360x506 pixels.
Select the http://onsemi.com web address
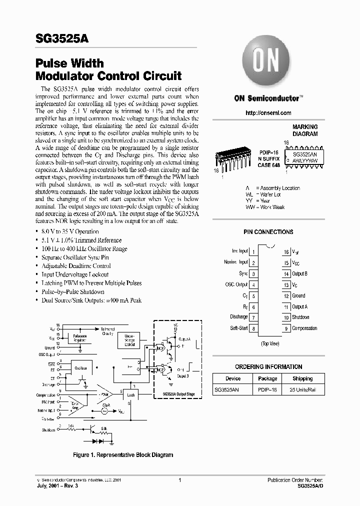(x=268, y=113)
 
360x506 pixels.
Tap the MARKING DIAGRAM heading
(x=304, y=130)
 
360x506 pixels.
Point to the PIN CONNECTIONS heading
(x=268, y=232)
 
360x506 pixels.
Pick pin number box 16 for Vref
(x=286, y=252)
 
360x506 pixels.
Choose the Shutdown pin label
(x=300, y=317)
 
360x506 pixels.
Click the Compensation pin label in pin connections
(x=304, y=328)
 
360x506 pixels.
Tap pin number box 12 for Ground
(x=286, y=296)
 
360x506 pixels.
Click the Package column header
(x=267, y=378)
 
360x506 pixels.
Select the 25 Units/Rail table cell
(x=302, y=390)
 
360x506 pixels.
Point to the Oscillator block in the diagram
(x=80, y=367)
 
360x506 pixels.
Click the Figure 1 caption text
(x=123, y=455)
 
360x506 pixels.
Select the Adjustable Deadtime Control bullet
(x=76, y=266)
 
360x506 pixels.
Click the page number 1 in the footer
(x=179, y=480)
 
